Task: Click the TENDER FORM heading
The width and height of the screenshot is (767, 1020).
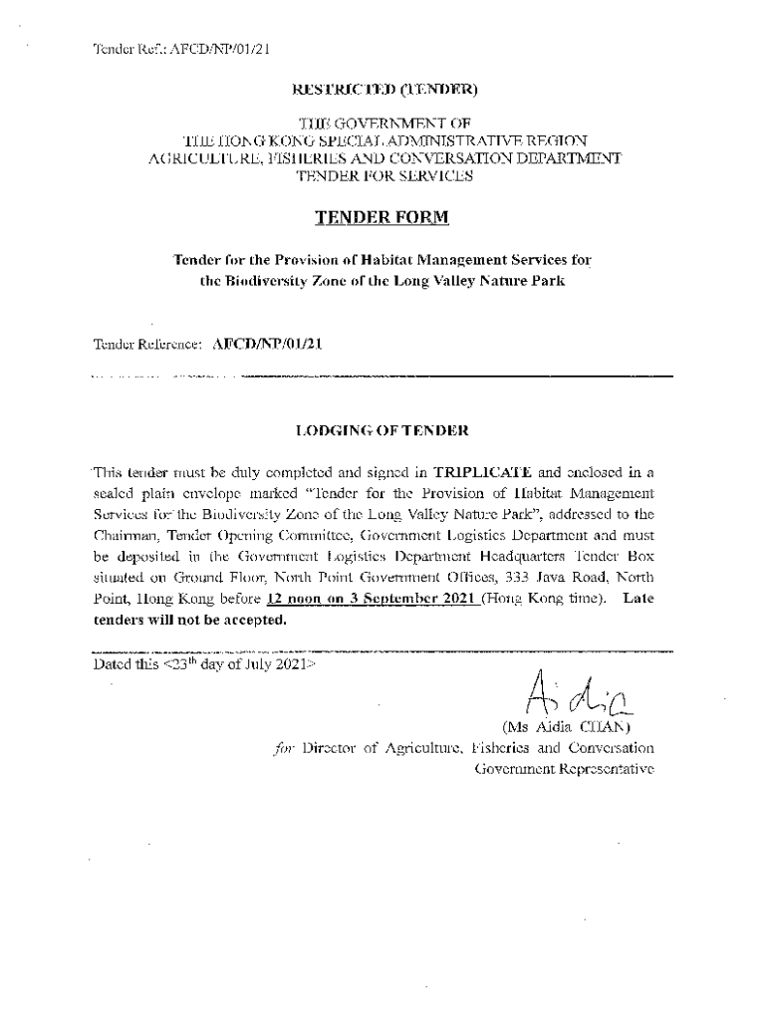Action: (383, 217)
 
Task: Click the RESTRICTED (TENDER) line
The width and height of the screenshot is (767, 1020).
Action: (384, 90)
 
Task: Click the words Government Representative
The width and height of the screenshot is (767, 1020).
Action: (564, 769)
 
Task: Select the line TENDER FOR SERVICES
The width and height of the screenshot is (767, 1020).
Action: (383, 176)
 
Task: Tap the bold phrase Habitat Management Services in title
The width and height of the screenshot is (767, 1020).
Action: (448, 260)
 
